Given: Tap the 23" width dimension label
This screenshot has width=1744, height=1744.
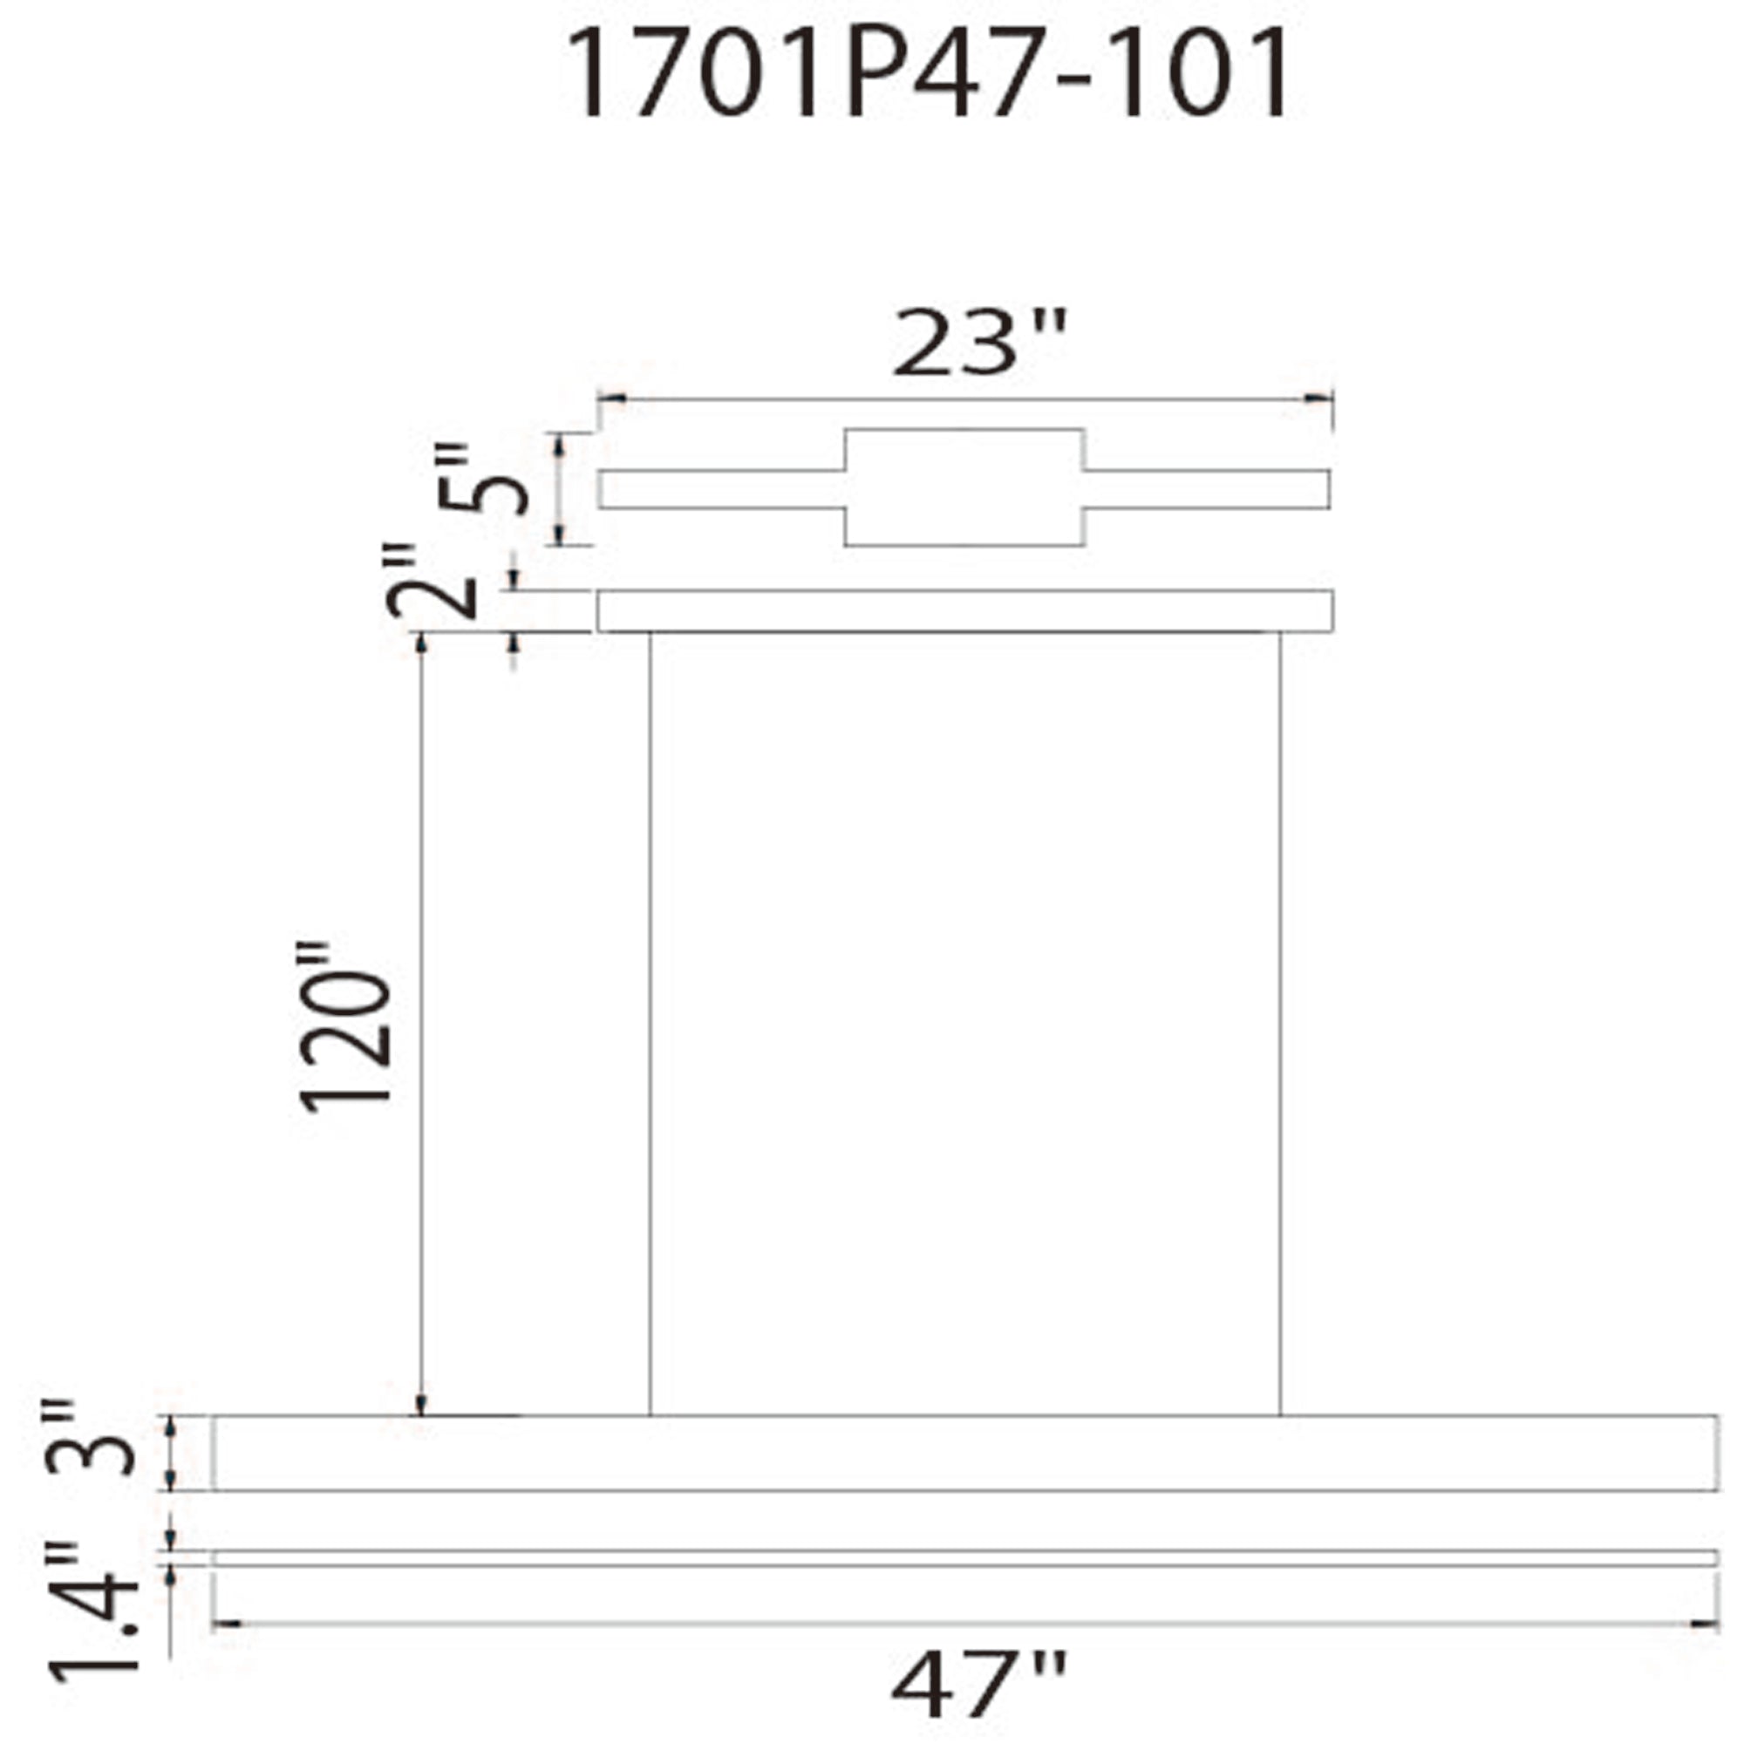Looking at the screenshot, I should pyautogui.click(x=979, y=344).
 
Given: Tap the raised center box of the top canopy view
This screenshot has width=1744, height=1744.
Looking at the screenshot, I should pyautogui.click(x=964, y=487).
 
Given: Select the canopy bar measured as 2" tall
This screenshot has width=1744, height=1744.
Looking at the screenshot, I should pyautogui.click(x=964, y=611).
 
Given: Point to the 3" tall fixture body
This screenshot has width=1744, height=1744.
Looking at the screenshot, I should pyautogui.click(x=964, y=1454).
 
